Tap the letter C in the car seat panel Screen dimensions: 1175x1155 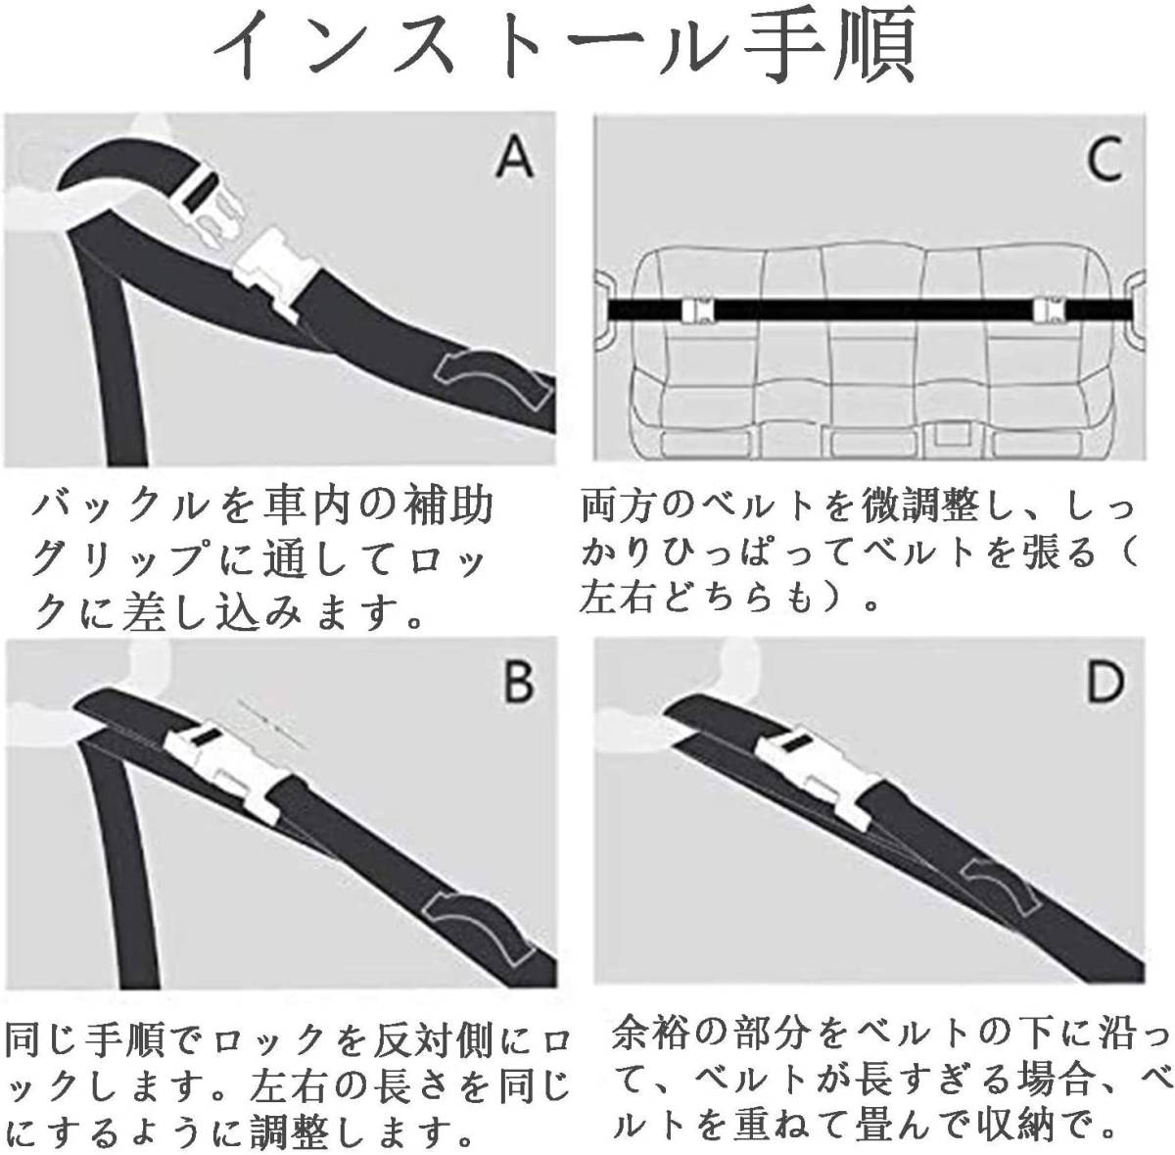1104,158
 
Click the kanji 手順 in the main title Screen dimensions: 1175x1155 829,48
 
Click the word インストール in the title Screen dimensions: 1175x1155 470,48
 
